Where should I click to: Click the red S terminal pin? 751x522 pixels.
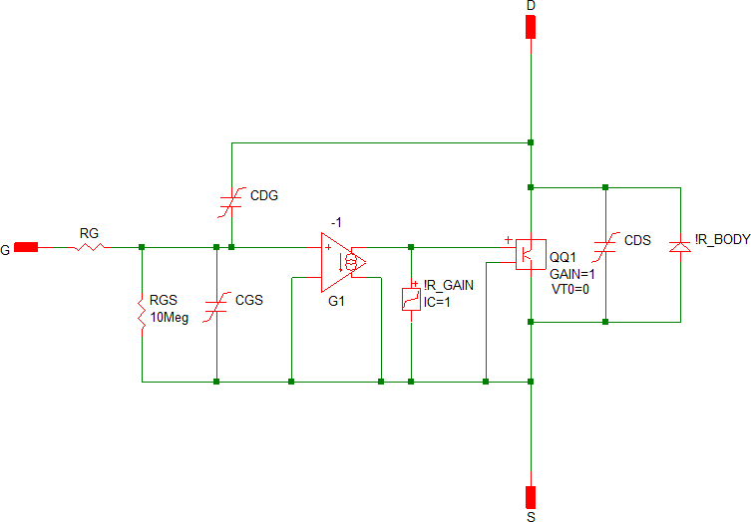point(531,495)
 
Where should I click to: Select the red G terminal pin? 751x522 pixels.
point(27,247)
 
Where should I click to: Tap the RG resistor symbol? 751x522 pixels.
point(90,247)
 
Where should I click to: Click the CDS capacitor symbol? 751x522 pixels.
point(605,252)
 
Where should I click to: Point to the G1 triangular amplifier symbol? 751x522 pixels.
point(342,263)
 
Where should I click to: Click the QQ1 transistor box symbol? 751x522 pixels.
point(530,253)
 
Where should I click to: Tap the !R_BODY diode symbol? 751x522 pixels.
point(680,244)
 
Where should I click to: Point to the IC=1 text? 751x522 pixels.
point(437,302)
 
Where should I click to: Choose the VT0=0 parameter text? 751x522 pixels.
point(569,289)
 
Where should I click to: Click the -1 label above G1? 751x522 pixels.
point(337,223)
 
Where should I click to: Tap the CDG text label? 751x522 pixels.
point(264,195)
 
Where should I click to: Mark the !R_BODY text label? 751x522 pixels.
point(718,240)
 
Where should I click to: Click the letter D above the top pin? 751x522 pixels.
point(531,6)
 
